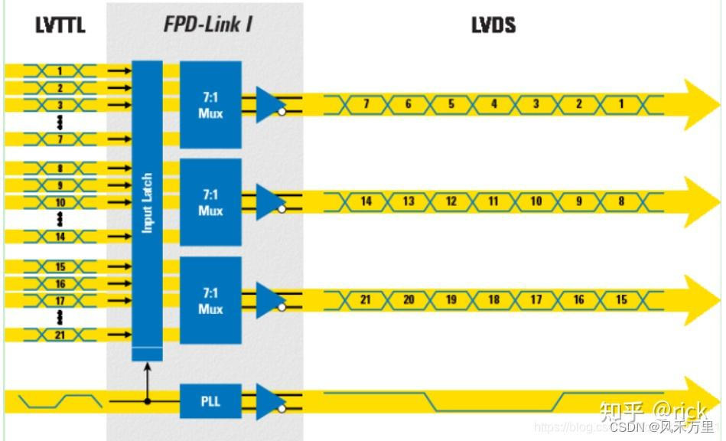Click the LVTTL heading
coord(60,25)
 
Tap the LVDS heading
coord(493,25)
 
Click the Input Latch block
coord(147,203)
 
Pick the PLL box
coord(210,400)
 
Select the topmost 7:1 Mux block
coord(210,104)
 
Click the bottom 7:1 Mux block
coord(210,301)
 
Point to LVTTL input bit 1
coord(60,71)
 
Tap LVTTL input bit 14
coord(60,237)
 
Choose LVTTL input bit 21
coord(60,335)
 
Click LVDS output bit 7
coord(366,103)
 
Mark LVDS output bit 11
coord(493,201)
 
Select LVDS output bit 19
coord(451,299)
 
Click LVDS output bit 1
coord(620,103)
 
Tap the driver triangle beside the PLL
coord(267,400)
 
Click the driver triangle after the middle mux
coord(267,202)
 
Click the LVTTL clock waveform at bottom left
coord(60,400)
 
